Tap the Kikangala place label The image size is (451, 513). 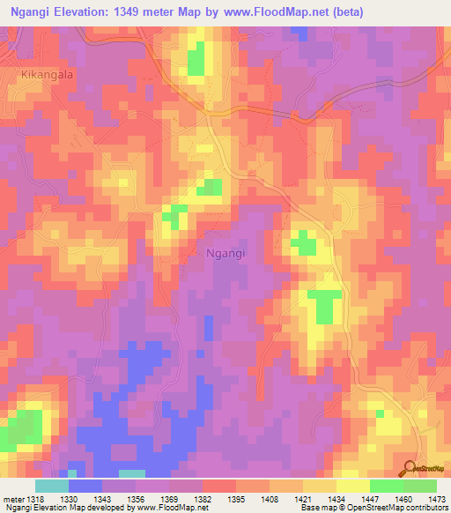(x=47, y=76)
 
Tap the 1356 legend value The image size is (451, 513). (x=135, y=499)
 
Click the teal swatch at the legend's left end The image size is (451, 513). (x=51, y=486)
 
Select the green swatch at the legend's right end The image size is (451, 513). (x=419, y=486)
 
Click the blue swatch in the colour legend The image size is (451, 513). (x=85, y=486)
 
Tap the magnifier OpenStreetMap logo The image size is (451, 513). (x=410, y=467)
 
